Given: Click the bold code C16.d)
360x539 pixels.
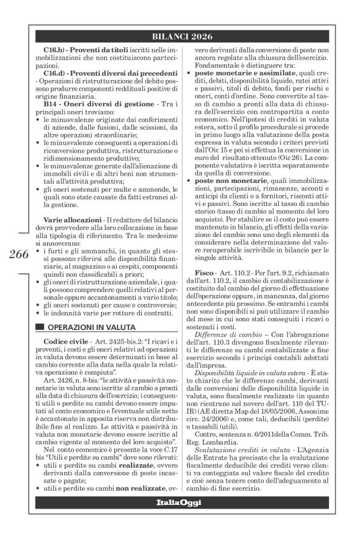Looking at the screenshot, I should pos(58,73).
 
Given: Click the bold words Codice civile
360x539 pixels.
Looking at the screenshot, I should pos(63,342).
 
